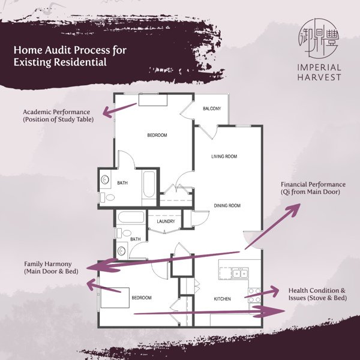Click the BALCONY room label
[212, 109]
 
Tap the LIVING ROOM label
[224, 157]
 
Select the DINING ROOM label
[227, 205]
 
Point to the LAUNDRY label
[166, 221]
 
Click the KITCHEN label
[222, 299]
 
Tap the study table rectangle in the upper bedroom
[152, 100]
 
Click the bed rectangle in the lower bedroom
[115, 298]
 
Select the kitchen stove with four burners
[254, 295]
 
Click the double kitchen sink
[240, 273]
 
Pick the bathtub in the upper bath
[149, 184]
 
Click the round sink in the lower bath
[121, 251]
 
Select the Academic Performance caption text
[58, 116]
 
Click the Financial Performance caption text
[313, 188]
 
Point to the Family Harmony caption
[51, 268]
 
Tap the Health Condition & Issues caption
[317, 294]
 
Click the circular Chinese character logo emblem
[319, 38]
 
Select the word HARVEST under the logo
[319, 77]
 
